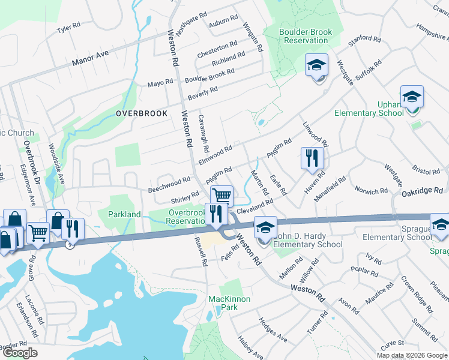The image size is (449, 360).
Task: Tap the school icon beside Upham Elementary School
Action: (x=412, y=97)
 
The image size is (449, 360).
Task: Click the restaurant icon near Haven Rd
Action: (x=312, y=158)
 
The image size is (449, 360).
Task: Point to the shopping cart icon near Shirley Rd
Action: (x=221, y=195)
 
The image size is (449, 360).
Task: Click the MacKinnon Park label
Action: (x=229, y=303)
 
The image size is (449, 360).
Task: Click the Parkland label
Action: (x=124, y=214)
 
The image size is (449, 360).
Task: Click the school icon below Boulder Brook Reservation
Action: (x=316, y=65)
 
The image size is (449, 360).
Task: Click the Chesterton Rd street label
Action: (x=217, y=47)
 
